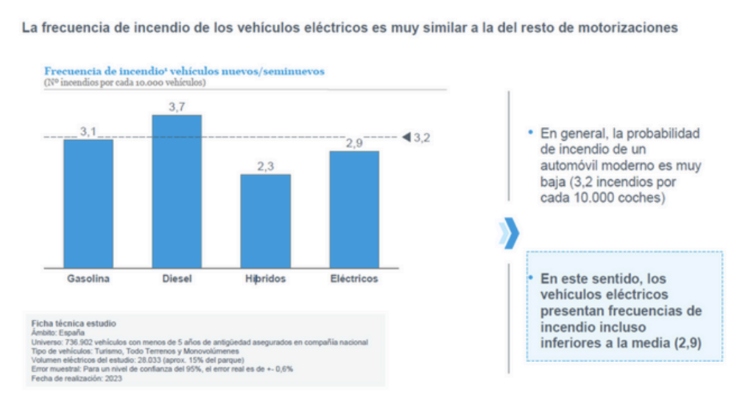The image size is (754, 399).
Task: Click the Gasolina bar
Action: [88, 203]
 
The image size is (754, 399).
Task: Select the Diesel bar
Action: [177, 192]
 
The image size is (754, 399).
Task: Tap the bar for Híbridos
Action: [265, 221]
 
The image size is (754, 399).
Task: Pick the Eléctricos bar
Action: [354, 209]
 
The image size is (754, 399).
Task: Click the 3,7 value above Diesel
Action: [177, 108]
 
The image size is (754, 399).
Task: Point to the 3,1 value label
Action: [88, 131]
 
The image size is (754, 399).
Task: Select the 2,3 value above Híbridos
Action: [265, 167]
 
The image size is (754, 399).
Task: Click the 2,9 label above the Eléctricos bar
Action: [354, 143]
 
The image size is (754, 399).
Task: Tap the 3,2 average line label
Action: [422, 137]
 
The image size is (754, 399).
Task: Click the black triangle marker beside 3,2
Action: [406, 137]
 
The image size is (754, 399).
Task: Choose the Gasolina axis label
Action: [88, 279]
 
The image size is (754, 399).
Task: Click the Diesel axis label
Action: [177, 279]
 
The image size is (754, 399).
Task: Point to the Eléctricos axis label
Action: [354, 279]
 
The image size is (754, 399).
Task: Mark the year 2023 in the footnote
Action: [113, 378]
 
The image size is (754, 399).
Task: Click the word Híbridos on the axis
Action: [265, 279]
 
